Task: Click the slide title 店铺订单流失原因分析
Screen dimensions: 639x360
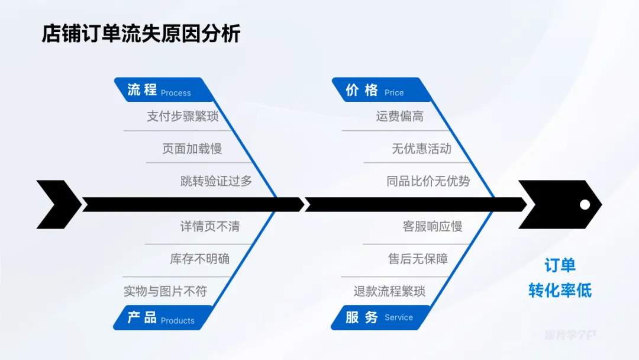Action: [x=141, y=34]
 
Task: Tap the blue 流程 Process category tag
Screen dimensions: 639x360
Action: [x=159, y=91]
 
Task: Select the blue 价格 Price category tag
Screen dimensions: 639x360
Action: [x=376, y=91]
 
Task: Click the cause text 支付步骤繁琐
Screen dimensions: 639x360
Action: [x=183, y=116]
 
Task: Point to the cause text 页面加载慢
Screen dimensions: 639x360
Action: [x=192, y=149]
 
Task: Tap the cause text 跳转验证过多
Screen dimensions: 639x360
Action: [x=216, y=181]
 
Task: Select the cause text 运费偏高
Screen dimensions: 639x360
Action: [x=400, y=116]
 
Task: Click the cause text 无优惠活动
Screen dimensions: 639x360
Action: [x=421, y=149]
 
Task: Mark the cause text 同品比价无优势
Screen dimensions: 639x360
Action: [x=428, y=181]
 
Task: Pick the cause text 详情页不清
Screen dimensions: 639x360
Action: [x=210, y=226]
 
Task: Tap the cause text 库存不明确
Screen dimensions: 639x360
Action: [x=199, y=259]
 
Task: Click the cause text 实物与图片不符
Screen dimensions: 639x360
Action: [x=165, y=291]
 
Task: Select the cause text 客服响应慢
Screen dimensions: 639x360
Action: [x=433, y=226]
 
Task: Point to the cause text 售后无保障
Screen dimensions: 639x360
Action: [x=418, y=259]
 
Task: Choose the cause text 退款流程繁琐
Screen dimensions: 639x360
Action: [x=389, y=291]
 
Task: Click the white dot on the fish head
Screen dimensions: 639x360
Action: [x=585, y=204]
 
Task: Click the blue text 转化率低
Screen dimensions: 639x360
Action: [x=560, y=290]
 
